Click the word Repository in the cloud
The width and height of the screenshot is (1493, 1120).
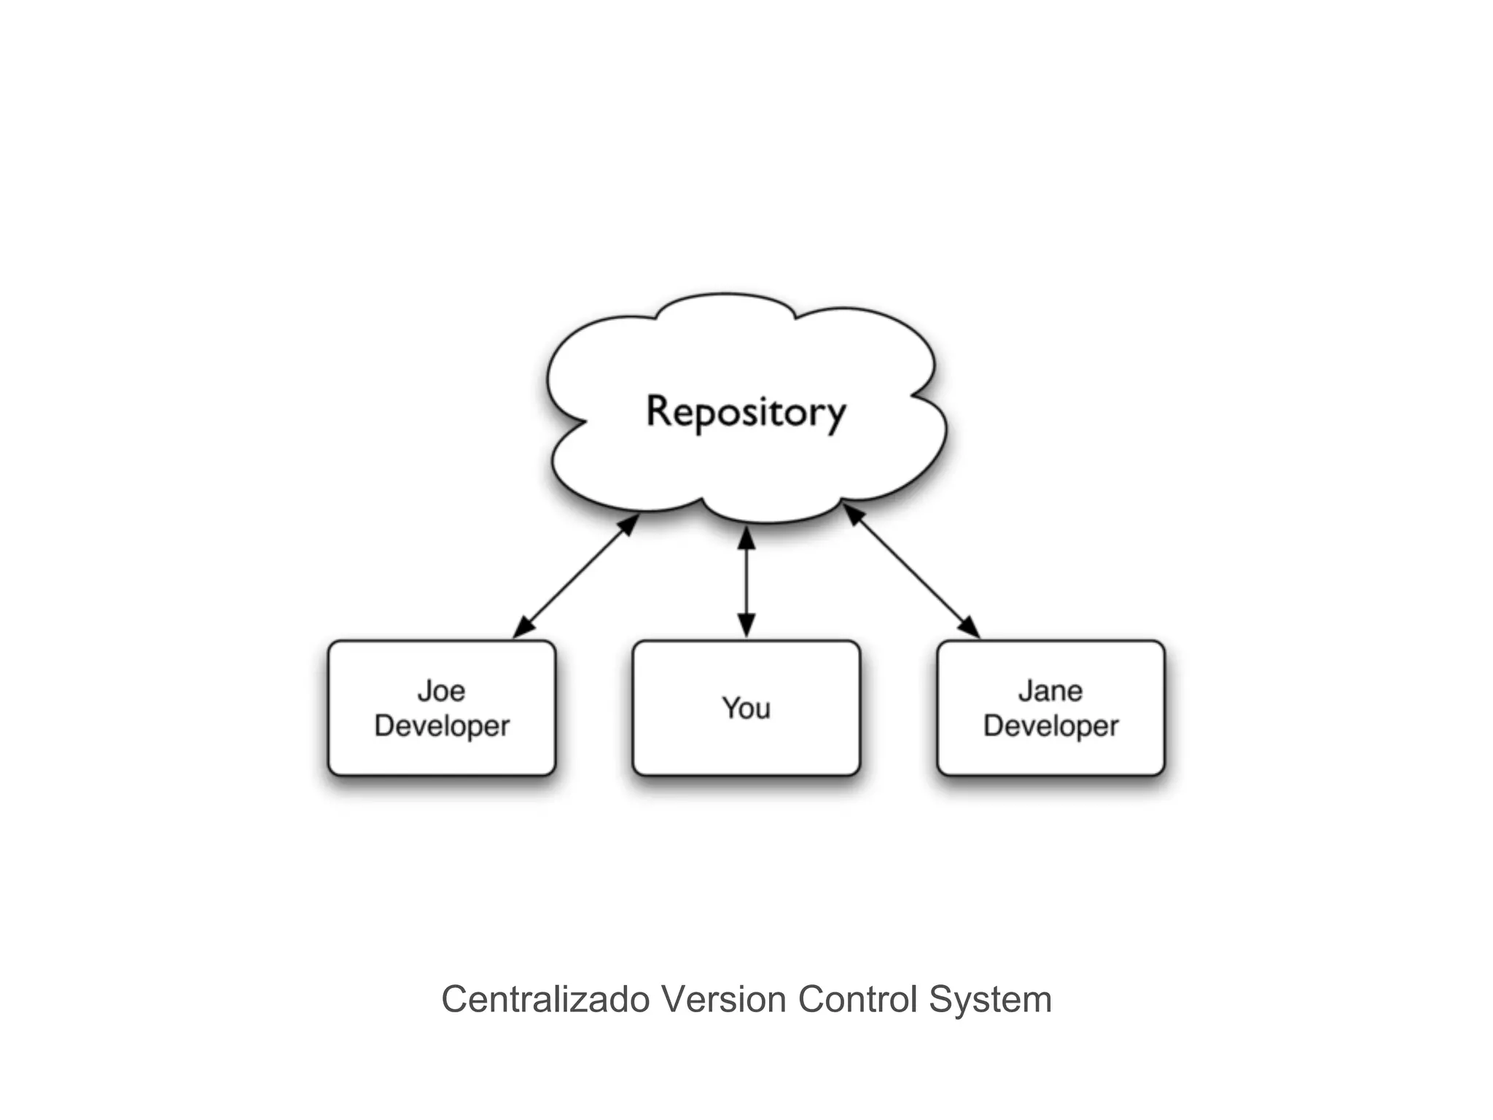pyautogui.click(x=746, y=412)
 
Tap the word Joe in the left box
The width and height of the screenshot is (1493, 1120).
pyautogui.click(x=441, y=691)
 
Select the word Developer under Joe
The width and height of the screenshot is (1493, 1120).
pyautogui.click(x=442, y=726)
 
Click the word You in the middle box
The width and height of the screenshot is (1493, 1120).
pyautogui.click(x=746, y=708)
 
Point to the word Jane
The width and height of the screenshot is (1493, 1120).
pyautogui.click(x=1050, y=691)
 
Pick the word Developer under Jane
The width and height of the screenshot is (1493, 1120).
pyautogui.click(x=1050, y=726)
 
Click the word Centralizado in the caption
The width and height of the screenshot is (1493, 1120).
pyautogui.click(x=545, y=999)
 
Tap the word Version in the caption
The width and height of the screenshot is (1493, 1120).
pyautogui.click(x=724, y=999)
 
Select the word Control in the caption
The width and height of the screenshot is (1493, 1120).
pyautogui.click(x=858, y=999)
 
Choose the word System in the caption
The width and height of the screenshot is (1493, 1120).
pyautogui.click(x=990, y=999)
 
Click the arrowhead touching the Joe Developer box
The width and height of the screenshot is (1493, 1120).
pyautogui.click(x=523, y=629)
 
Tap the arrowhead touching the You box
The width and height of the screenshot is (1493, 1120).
pyautogui.click(x=746, y=626)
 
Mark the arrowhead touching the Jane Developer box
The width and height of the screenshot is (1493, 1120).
pyautogui.click(x=970, y=627)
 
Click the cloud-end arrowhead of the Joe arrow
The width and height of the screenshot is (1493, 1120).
pyautogui.click(x=629, y=524)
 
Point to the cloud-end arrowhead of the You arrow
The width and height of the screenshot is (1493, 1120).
pyautogui.click(x=746, y=537)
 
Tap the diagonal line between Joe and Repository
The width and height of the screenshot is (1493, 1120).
pyautogui.click(x=576, y=577)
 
